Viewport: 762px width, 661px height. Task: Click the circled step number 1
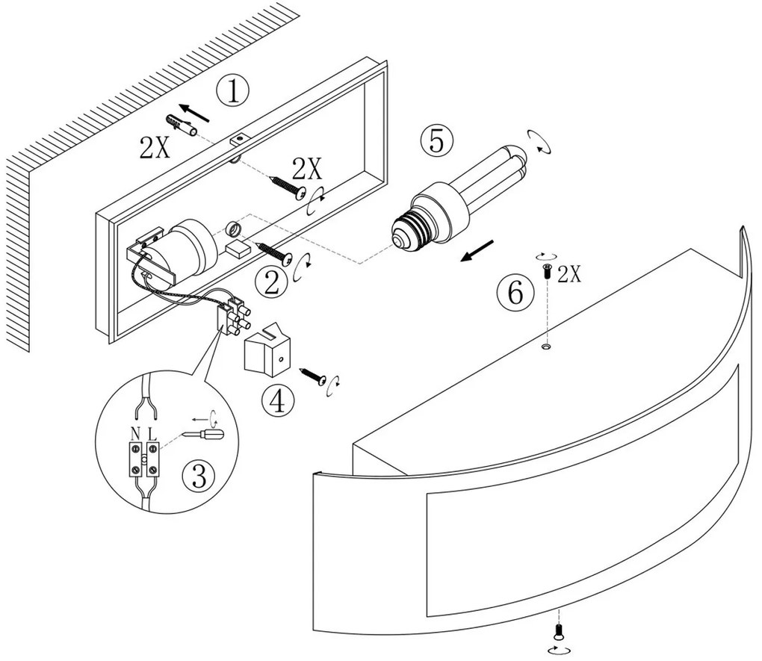click(x=232, y=92)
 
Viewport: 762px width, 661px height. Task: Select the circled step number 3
click(x=198, y=476)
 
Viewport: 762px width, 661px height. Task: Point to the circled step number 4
click(x=277, y=401)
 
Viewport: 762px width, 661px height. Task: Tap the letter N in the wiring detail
click(x=135, y=432)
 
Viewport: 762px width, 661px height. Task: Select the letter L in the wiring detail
click(x=152, y=432)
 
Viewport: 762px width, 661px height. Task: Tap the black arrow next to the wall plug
click(x=196, y=113)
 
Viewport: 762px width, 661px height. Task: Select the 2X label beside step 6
click(x=569, y=274)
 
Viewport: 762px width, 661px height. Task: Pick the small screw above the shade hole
click(x=547, y=271)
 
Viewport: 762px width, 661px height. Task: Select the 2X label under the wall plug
click(x=154, y=149)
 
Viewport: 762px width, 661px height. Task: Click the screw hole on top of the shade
click(x=546, y=347)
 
